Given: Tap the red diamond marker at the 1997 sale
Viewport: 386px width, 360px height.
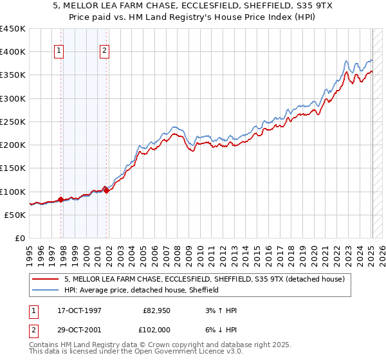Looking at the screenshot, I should (x=61, y=199).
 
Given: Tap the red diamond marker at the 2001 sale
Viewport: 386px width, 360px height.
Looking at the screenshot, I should (x=107, y=190).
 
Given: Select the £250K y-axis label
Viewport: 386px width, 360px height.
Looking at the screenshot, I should (x=13, y=122).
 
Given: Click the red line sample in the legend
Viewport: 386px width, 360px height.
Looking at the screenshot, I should (x=46, y=279).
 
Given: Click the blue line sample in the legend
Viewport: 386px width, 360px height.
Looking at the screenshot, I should (x=46, y=290).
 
